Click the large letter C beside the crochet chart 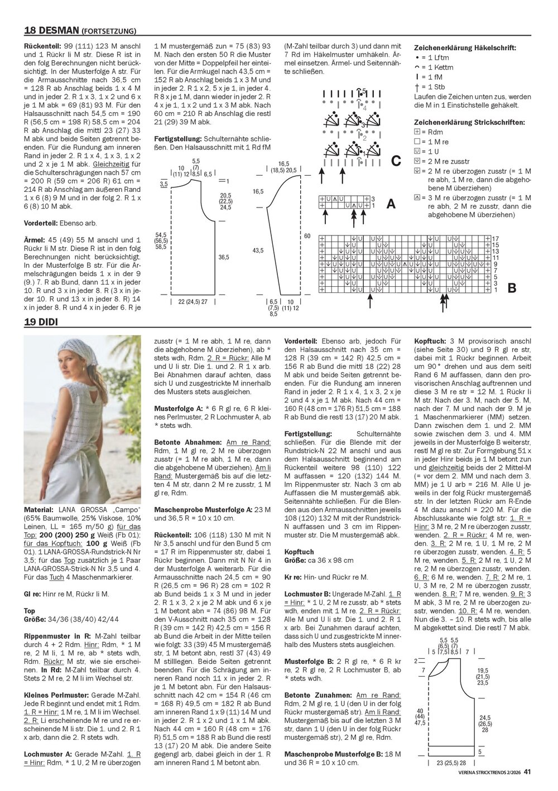[x=396, y=161]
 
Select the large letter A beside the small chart [x=391, y=204]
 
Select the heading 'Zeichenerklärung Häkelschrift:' [x=464, y=48]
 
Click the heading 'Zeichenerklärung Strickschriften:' [x=470, y=122]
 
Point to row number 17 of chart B [x=495, y=238]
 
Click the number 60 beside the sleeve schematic [x=307, y=236]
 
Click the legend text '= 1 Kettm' [x=435, y=67]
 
